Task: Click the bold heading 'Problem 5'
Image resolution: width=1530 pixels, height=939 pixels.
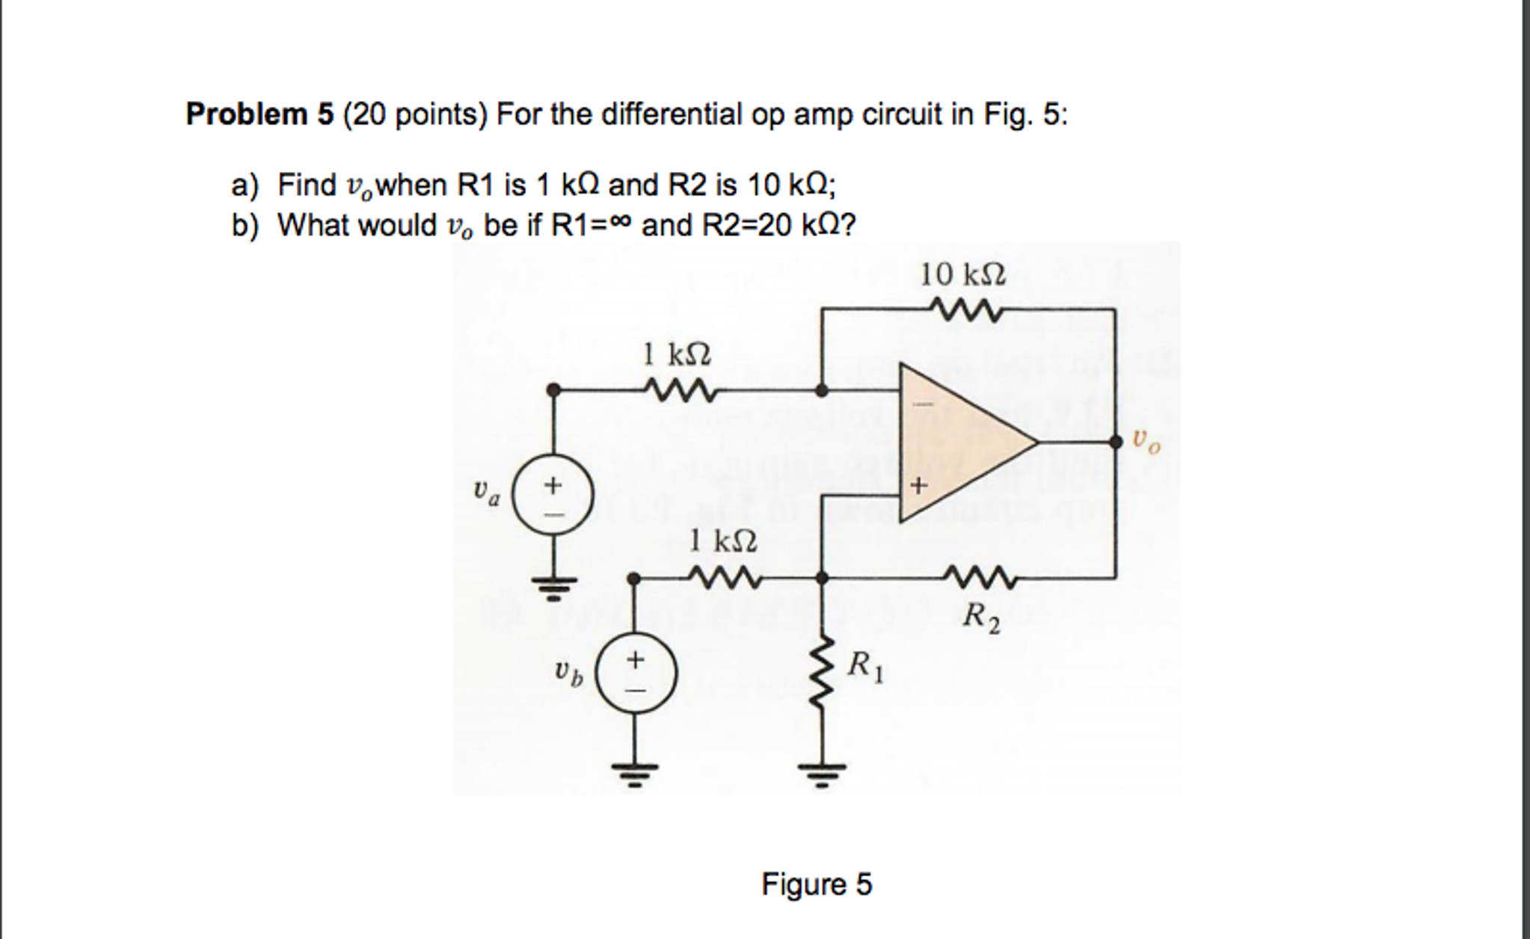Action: [x=258, y=115]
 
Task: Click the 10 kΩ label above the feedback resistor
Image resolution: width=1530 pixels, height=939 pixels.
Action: [x=962, y=274]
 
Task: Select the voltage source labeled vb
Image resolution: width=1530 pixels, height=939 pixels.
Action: [x=636, y=672]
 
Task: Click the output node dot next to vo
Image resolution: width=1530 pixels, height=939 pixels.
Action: [x=1116, y=443]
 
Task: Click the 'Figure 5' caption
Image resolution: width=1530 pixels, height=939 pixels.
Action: [x=817, y=884]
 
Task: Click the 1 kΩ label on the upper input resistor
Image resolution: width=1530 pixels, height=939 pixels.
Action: [x=677, y=354]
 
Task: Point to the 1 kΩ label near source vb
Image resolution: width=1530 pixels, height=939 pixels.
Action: [x=722, y=540]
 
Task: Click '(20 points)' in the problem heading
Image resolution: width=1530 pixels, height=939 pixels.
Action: [x=415, y=115]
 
